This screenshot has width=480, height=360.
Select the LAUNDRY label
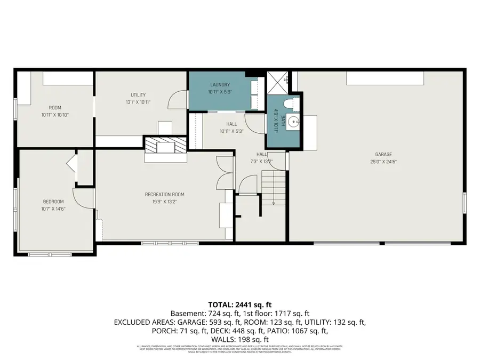[x=220, y=85]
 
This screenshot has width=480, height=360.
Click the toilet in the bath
[x=290, y=103]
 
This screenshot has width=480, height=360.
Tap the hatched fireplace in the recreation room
[x=166, y=145]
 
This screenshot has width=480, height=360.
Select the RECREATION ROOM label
[x=164, y=195]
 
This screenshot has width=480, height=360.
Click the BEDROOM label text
[x=53, y=201]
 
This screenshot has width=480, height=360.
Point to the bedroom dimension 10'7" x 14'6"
[x=53, y=209]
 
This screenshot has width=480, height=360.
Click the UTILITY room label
[x=138, y=95]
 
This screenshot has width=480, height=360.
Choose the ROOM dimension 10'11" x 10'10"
[x=55, y=115]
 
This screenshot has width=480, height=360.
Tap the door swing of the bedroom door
[x=83, y=198]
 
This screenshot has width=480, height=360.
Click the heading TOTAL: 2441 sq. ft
[x=239, y=304]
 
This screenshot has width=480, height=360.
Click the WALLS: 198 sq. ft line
[x=239, y=339]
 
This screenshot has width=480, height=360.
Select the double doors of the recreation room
[x=225, y=173]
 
